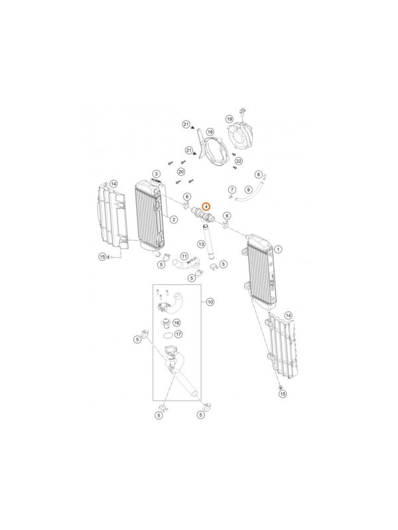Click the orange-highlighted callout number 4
pyautogui.click(x=206, y=206)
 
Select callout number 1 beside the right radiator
pyautogui.click(x=277, y=250)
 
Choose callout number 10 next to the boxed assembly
pyautogui.click(x=210, y=302)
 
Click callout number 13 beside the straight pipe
pyautogui.click(x=202, y=244)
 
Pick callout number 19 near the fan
pyautogui.click(x=230, y=119)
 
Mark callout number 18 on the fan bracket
pyautogui.click(x=210, y=132)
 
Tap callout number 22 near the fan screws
pyautogui.click(x=239, y=161)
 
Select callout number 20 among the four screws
pyautogui.click(x=181, y=172)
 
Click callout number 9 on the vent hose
pyautogui.click(x=248, y=190)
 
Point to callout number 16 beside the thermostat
pyautogui.click(x=176, y=323)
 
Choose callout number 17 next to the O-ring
pyautogui.click(x=178, y=335)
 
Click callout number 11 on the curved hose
pyautogui.click(x=184, y=256)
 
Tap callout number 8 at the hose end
pyautogui.click(x=259, y=175)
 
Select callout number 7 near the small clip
pyautogui.click(x=232, y=189)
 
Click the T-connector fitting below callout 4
pyautogui.click(x=203, y=215)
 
